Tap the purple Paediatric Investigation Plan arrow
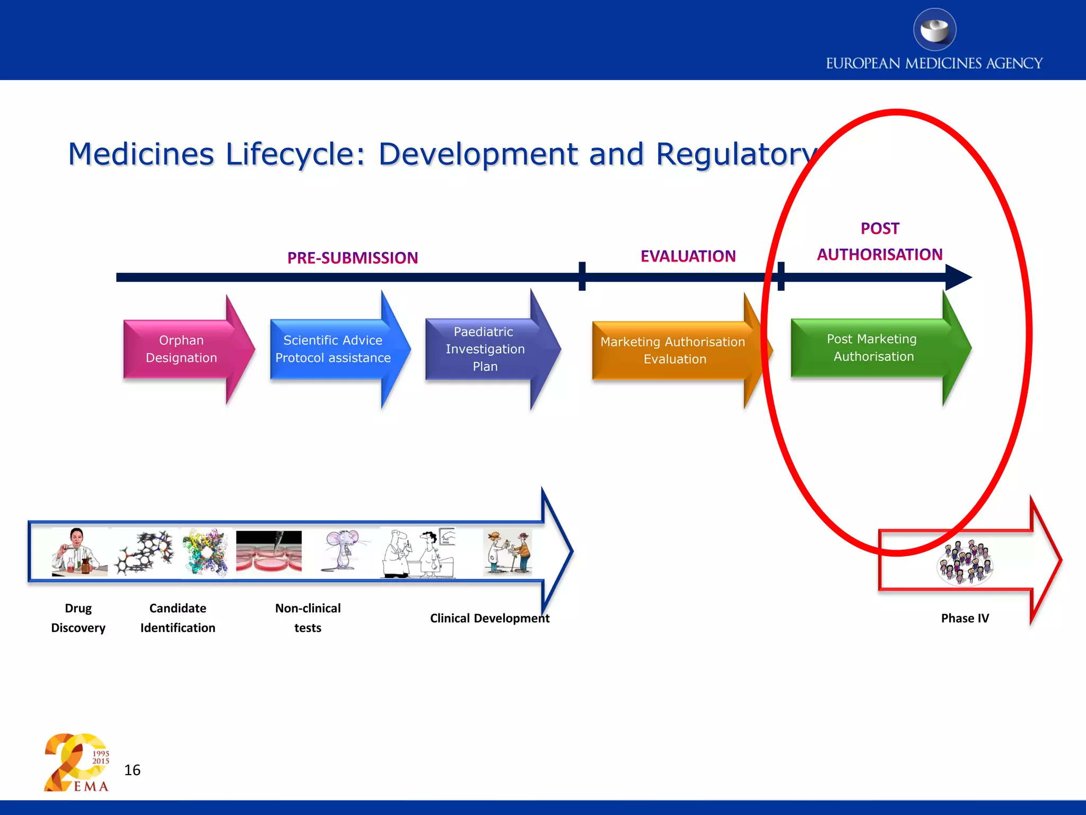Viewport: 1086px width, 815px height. click(x=485, y=349)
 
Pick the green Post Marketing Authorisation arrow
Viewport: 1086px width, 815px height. click(x=872, y=348)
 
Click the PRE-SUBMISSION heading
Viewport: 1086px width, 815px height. click(x=353, y=258)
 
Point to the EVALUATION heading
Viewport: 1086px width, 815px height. click(x=688, y=256)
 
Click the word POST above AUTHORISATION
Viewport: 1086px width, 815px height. click(x=880, y=229)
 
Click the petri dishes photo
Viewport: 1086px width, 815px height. click(x=269, y=552)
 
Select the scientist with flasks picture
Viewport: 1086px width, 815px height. click(x=78, y=552)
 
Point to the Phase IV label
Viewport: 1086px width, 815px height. click(x=965, y=618)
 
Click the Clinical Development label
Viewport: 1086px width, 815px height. click(x=489, y=618)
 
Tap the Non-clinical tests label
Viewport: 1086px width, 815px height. click(x=308, y=618)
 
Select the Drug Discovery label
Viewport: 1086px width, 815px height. click(x=78, y=618)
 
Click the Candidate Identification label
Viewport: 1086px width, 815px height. click(x=178, y=618)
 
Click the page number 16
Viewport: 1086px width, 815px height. click(x=132, y=770)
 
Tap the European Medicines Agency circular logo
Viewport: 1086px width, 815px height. click(x=934, y=30)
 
